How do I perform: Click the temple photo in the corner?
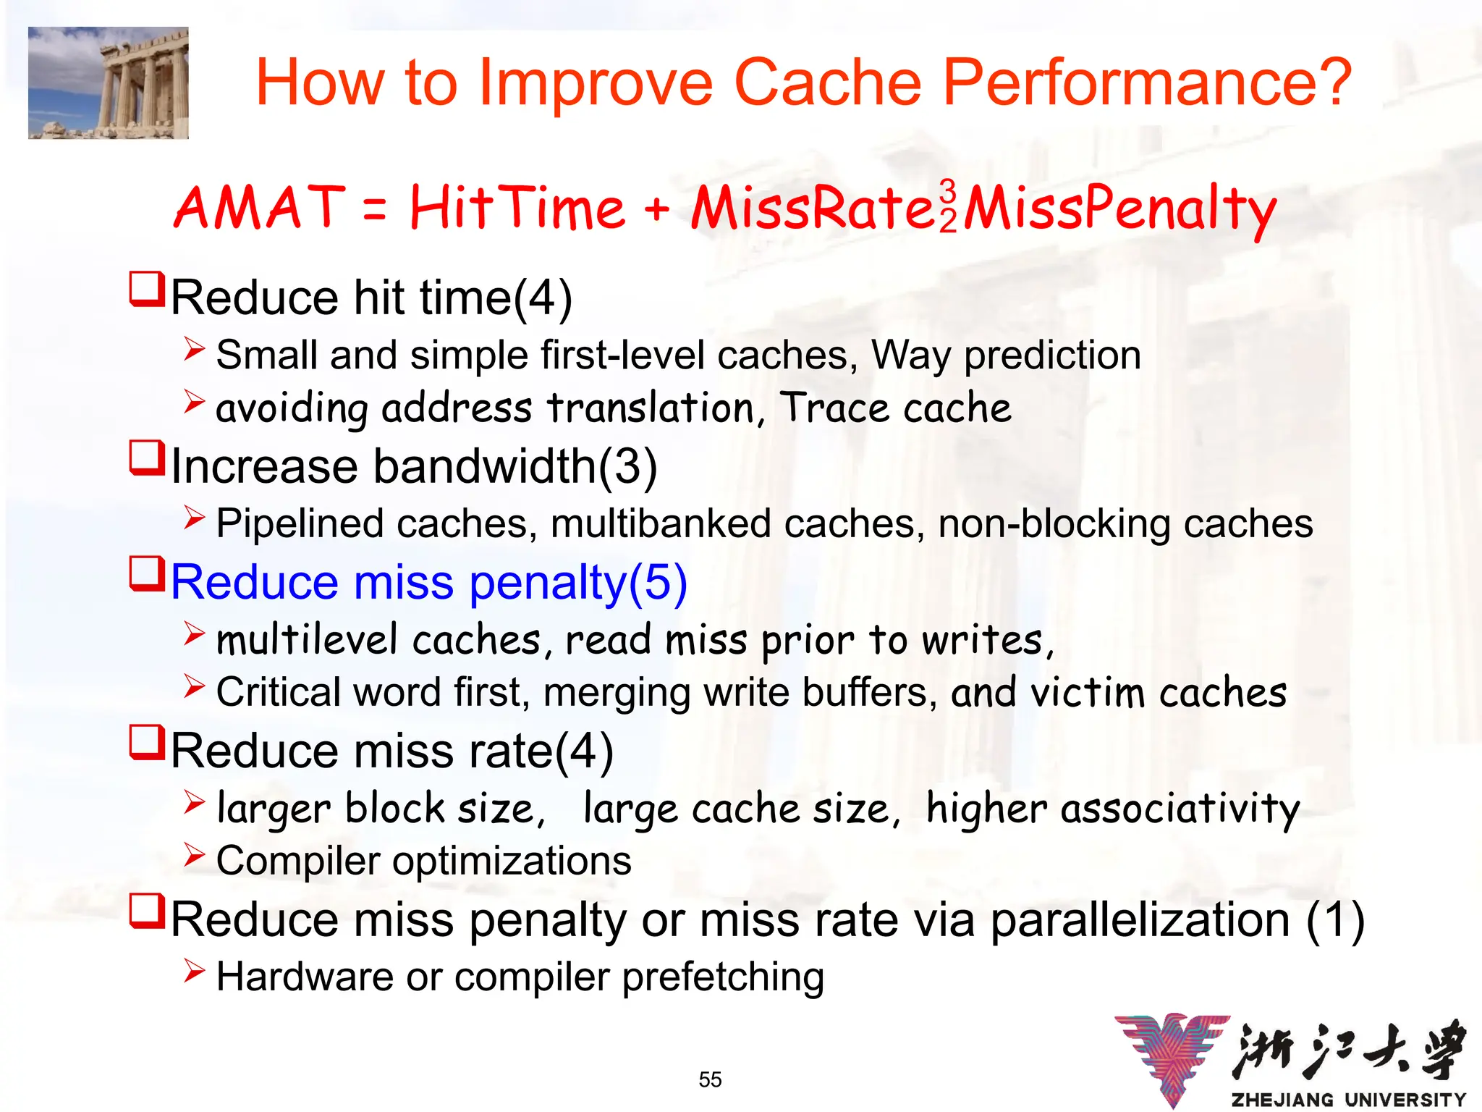109,83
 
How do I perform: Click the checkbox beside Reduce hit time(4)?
147,289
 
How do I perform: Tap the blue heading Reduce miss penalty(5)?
428,582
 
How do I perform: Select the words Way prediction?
1006,355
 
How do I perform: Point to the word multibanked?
661,523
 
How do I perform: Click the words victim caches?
1159,693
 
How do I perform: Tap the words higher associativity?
1113,809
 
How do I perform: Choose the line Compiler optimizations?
423,861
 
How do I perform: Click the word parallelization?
1140,920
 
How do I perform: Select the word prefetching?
723,977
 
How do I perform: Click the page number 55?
710,1079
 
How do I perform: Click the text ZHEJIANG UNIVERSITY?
1348,1100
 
